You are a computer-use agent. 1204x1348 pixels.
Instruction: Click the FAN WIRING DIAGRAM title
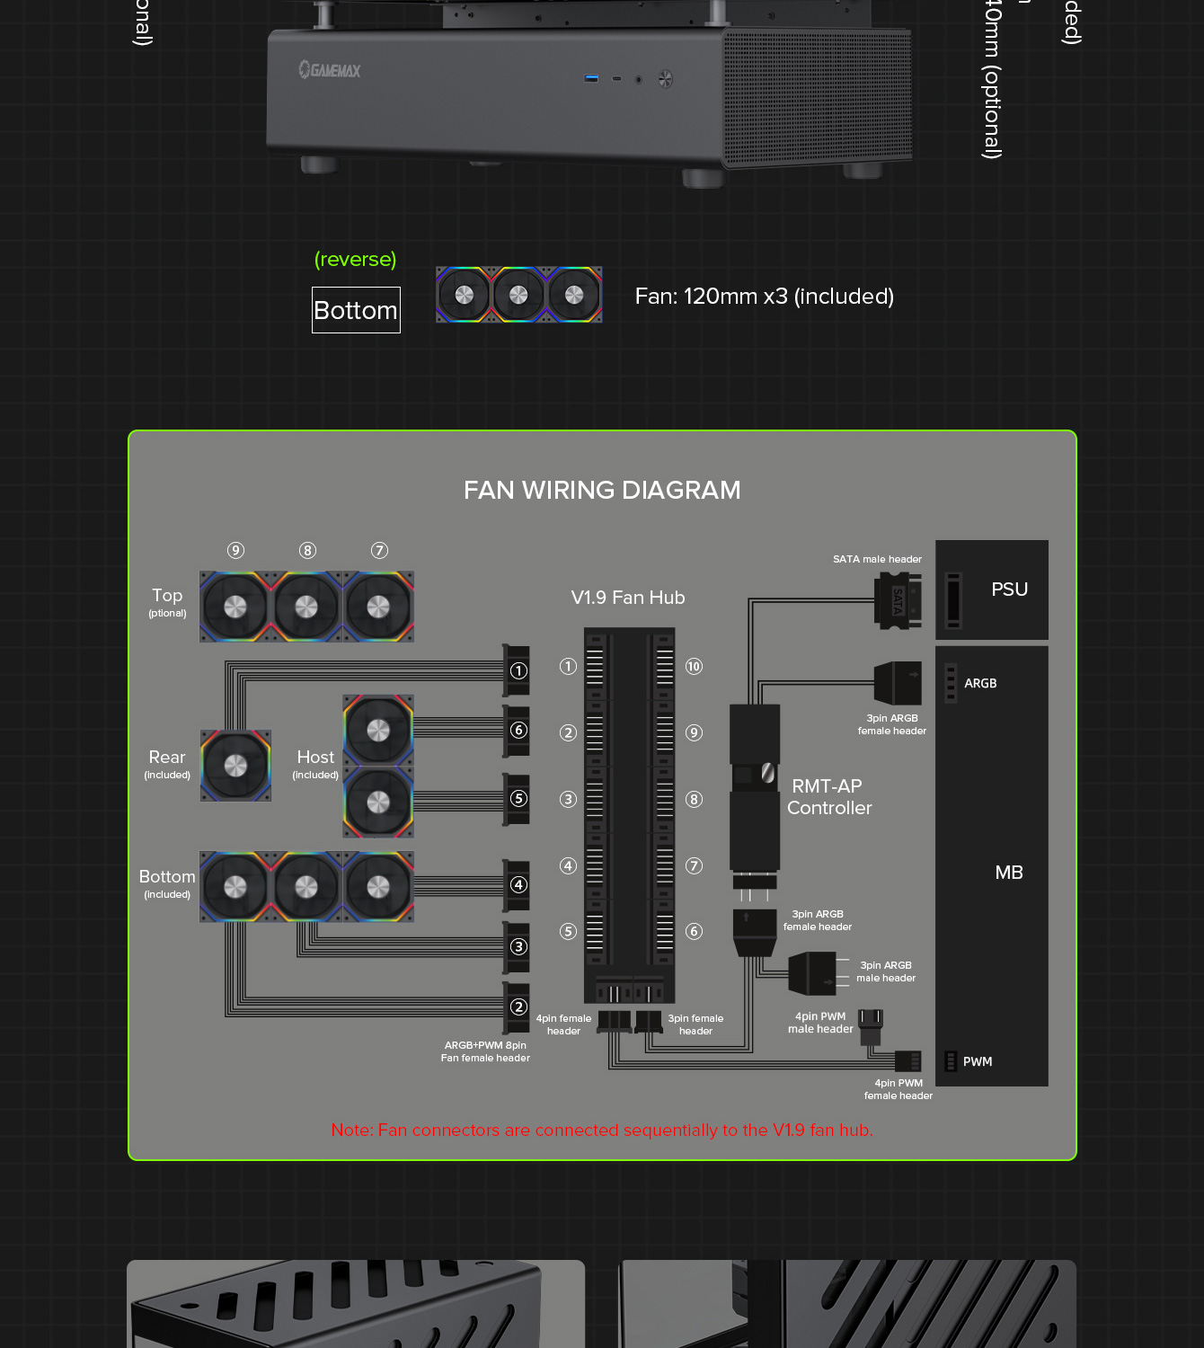click(602, 490)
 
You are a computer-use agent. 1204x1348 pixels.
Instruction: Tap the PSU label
click(1009, 590)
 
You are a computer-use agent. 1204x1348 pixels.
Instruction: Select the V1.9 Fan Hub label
click(628, 598)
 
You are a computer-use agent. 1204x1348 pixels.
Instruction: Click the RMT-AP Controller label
click(828, 797)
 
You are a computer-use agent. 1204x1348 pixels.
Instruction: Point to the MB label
click(1009, 873)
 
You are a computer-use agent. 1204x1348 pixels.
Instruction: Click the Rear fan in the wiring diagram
click(235, 766)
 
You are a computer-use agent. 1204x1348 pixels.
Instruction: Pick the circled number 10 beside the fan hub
click(694, 667)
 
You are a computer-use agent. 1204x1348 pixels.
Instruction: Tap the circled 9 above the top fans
click(235, 551)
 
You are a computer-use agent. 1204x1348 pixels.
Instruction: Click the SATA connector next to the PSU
click(898, 600)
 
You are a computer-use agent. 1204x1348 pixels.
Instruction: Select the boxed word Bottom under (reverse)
click(356, 310)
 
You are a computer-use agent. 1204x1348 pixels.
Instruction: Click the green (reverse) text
click(355, 260)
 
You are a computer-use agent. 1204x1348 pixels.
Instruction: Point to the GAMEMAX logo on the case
click(330, 70)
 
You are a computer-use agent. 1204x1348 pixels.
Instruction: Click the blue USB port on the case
click(591, 78)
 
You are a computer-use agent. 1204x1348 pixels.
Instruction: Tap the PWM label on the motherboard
click(978, 1061)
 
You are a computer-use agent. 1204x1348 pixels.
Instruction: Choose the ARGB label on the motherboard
click(980, 683)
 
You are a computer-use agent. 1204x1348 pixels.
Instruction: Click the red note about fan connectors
click(602, 1130)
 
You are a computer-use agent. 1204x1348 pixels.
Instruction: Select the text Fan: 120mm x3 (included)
click(764, 297)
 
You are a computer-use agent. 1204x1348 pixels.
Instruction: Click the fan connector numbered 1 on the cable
click(518, 670)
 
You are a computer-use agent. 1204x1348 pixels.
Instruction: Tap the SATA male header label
click(877, 559)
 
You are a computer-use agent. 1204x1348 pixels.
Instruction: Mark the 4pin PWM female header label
click(899, 1089)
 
